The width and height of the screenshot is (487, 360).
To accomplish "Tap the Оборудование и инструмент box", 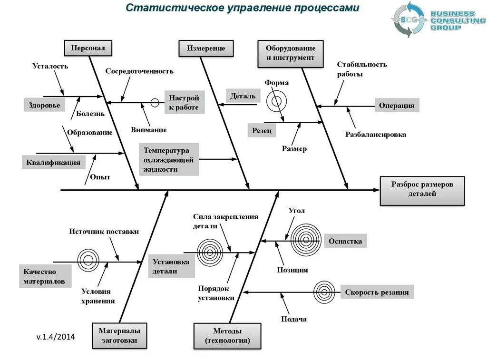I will (290, 53).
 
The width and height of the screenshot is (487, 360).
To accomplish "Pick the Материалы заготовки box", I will (119, 335).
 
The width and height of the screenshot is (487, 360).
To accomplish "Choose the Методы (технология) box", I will (227, 336).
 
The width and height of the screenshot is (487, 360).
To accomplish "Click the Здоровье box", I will (44, 105).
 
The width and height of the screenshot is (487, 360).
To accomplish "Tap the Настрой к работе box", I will (184, 102).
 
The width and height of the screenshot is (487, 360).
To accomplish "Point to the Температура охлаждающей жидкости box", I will (169, 159).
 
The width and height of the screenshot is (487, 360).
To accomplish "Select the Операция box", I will (397, 106).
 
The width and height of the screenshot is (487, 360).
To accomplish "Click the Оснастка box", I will (345, 241).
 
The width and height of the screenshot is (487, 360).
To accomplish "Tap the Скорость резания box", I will (377, 292).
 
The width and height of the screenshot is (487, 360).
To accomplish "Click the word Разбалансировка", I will (376, 135).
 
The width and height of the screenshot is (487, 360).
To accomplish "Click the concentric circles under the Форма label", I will (276, 101).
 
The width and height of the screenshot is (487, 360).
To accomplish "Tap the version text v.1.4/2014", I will (56, 337).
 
